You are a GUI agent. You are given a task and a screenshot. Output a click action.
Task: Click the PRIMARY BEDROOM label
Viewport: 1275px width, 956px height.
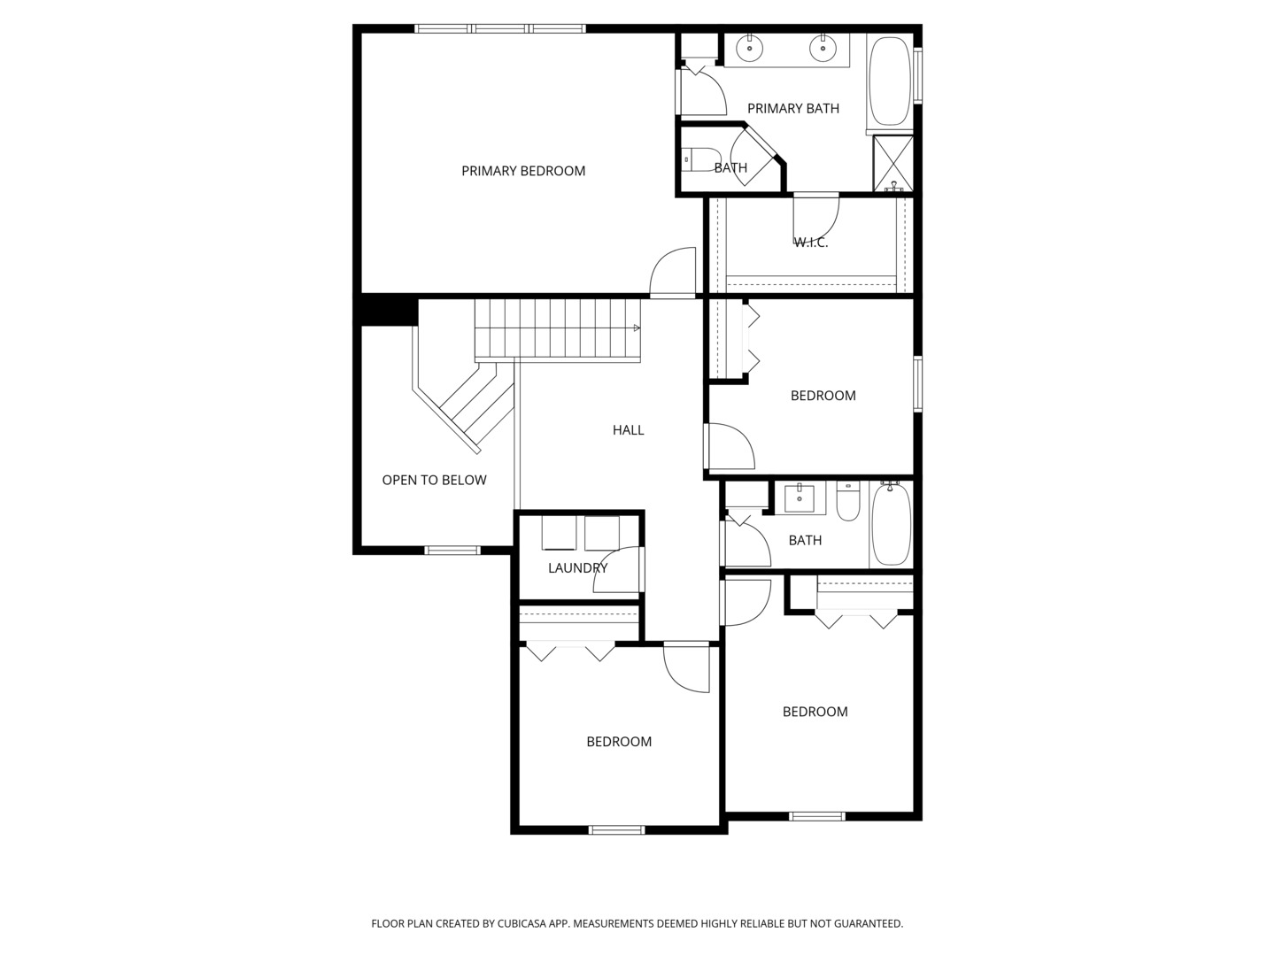(522, 171)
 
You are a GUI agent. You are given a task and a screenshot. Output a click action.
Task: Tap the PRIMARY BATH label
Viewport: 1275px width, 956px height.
(792, 109)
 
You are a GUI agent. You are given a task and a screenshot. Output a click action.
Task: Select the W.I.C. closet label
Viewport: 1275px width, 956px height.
(811, 243)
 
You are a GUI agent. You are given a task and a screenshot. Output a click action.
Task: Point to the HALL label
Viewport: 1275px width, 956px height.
(628, 430)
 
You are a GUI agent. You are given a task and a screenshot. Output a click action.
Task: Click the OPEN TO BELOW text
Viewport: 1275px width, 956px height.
(434, 480)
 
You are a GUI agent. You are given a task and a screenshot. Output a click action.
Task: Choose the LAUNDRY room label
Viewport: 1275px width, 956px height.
(577, 568)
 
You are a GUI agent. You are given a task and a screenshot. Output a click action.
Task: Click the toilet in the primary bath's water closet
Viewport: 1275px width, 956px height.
(701, 159)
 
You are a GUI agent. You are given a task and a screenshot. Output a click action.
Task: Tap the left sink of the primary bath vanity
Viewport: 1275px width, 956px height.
(749, 48)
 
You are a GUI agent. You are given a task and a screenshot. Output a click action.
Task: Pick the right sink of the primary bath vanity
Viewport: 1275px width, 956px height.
(823, 48)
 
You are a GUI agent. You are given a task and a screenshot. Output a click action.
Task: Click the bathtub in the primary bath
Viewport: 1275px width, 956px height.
(889, 81)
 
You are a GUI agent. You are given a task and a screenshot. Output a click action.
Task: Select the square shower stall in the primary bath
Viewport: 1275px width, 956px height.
(892, 164)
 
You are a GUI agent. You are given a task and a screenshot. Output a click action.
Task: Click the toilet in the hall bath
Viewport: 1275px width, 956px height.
(848, 501)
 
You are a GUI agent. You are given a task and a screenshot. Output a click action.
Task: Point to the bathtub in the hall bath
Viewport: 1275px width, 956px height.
(891, 525)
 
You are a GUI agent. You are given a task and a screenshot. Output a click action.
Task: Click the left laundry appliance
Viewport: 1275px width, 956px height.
(559, 532)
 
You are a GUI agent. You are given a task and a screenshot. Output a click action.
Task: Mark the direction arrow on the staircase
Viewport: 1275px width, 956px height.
(637, 328)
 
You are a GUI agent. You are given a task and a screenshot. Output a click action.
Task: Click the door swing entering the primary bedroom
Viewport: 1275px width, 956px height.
(673, 272)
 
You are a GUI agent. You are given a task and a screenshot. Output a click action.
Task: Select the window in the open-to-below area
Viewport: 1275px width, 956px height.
(452, 551)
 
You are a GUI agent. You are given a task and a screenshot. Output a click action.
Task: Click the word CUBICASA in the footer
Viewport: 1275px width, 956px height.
(522, 923)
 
